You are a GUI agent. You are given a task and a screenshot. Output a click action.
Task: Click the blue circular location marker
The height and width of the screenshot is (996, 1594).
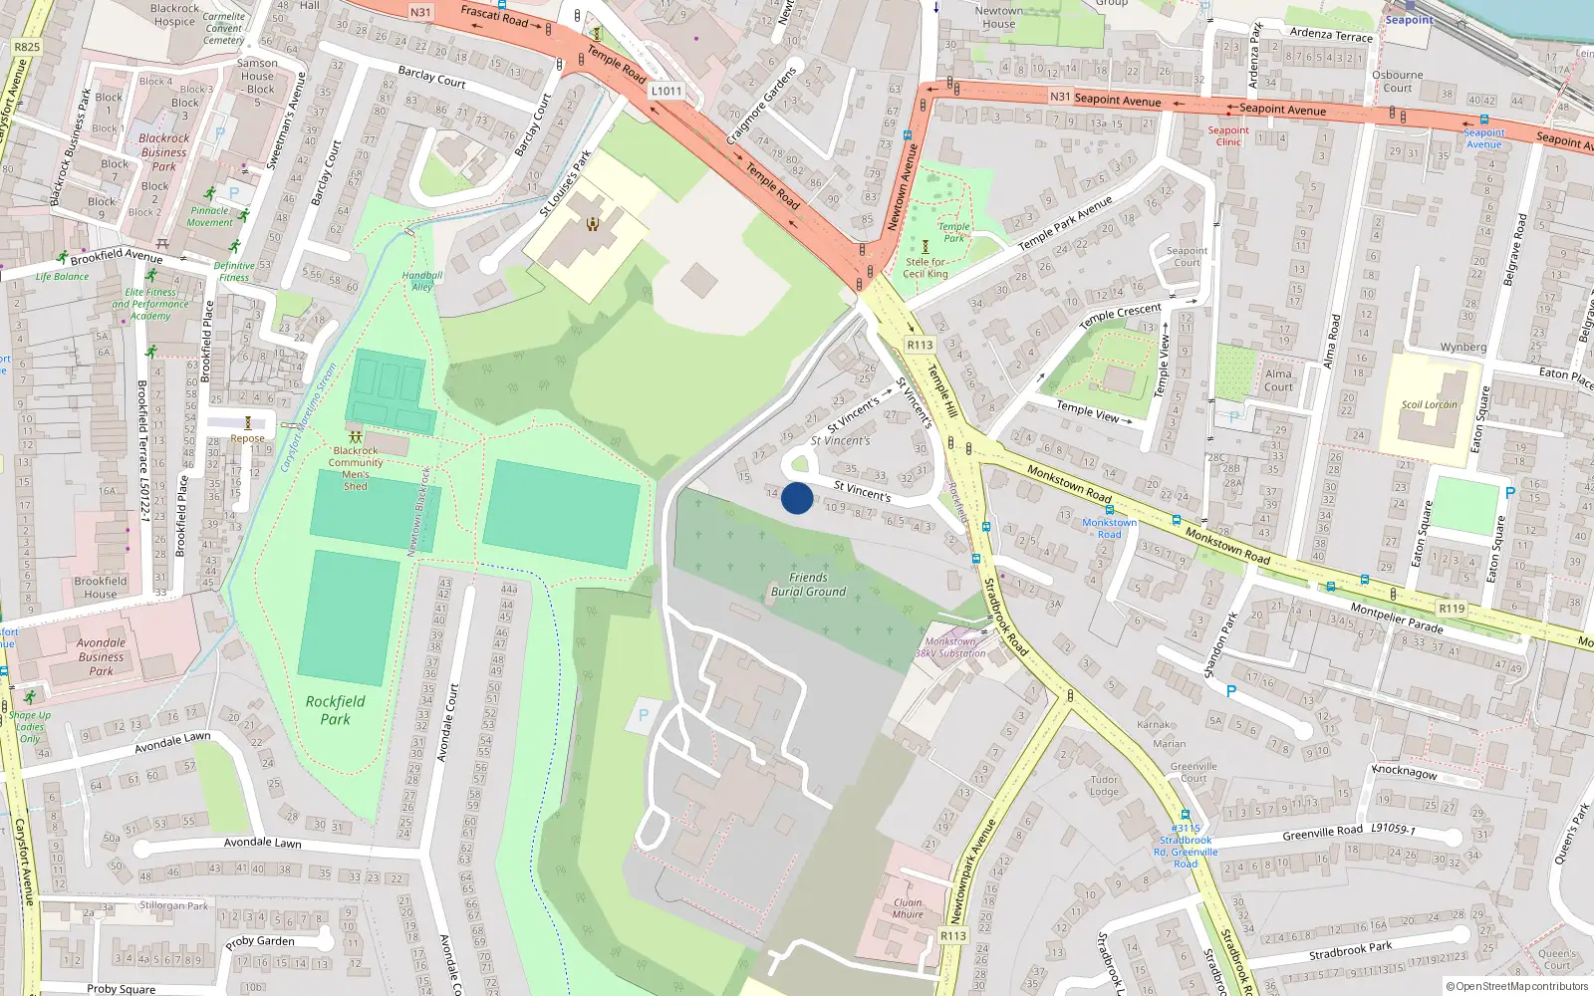point(797,498)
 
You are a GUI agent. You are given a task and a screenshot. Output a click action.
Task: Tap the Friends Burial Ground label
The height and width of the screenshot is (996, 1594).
point(808,585)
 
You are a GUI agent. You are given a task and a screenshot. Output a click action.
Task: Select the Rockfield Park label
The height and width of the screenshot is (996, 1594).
point(335,710)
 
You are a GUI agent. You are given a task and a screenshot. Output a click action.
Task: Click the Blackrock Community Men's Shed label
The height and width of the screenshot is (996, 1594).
point(356,468)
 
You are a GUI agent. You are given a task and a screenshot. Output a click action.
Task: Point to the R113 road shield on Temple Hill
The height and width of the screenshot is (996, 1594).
point(920,345)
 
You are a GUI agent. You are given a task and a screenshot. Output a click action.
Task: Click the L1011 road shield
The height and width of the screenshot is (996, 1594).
point(666,91)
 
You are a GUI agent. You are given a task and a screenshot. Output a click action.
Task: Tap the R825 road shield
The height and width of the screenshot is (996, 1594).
point(27,47)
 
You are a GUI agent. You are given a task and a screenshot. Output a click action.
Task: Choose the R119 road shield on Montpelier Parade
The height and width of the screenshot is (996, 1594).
point(1452,608)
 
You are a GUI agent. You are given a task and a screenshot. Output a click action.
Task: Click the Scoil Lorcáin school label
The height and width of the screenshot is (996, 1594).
point(1429,404)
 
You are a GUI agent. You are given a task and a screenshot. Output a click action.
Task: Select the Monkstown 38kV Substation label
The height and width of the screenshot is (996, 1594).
point(950,647)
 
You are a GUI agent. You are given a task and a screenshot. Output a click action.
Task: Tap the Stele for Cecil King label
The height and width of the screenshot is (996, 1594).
point(926,268)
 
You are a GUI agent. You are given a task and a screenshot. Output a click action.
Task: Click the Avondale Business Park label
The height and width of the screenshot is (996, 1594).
point(101,657)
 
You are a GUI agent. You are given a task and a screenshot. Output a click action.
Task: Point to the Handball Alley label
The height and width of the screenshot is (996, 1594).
point(422,281)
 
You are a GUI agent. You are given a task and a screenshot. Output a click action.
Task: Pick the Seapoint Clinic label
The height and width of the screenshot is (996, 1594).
point(1228,136)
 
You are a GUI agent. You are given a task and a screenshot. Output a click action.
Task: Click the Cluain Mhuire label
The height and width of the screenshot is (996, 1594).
point(908,908)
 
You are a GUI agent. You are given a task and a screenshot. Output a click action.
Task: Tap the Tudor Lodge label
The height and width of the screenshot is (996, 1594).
point(1104,786)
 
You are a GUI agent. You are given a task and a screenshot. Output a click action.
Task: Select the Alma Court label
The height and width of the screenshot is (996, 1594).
point(1278,380)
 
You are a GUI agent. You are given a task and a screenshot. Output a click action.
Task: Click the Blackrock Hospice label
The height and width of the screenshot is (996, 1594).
point(175,15)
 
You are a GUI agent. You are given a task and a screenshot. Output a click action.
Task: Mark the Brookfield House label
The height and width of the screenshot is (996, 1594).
point(101,588)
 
